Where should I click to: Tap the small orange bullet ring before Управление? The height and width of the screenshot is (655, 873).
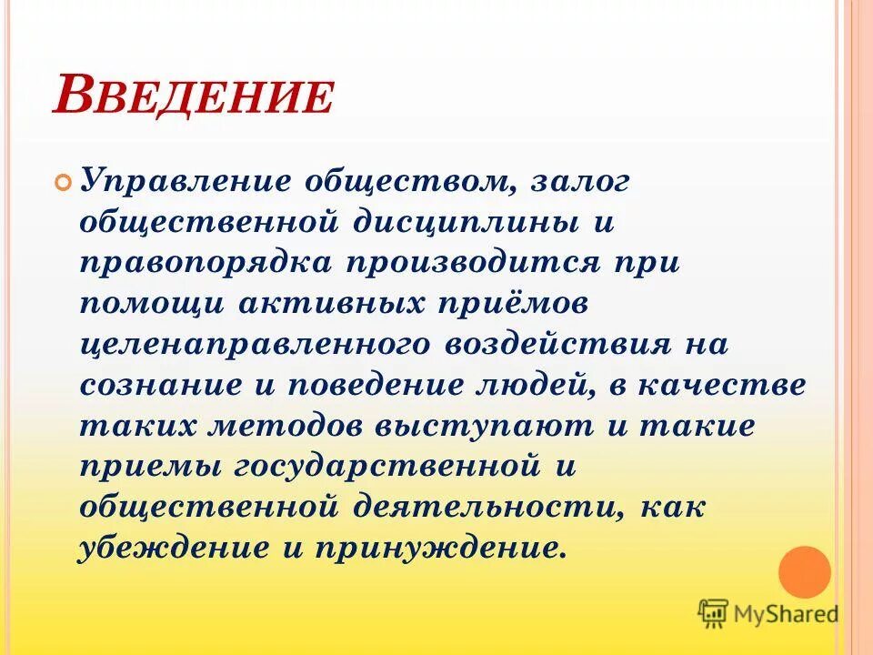pyautogui.click(x=63, y=181)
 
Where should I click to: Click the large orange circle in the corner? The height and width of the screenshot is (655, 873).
pyautogui.click(x=805, y=571)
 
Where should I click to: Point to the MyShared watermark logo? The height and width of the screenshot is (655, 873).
pyautogui.click(x=768, y=613)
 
